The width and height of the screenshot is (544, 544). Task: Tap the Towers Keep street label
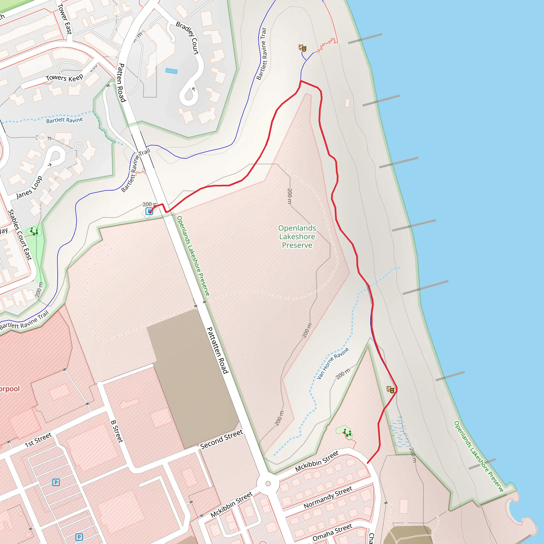(x=64, y=78)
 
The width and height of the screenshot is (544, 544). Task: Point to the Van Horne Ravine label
(x=333, y=363)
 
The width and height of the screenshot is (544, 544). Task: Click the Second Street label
(x=221, y=439)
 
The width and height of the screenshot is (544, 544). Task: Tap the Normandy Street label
(x=328, y=498)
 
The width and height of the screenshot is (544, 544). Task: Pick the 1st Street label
(x=38, y=440)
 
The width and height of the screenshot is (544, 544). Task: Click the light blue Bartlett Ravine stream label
(x=65, y=120)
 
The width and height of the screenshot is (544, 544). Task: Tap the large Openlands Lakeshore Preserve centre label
(x=297, y=236)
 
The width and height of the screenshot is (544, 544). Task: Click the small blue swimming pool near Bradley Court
(x=172, y=71)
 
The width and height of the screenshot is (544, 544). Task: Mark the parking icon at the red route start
(x=149, y=211)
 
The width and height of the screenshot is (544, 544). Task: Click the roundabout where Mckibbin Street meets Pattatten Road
(x=268, y=484)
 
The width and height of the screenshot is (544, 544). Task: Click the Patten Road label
(x=121, y=83)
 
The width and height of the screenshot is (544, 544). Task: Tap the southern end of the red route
(x=368, y=463)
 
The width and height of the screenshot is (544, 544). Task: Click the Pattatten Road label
(x=217, y=350)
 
